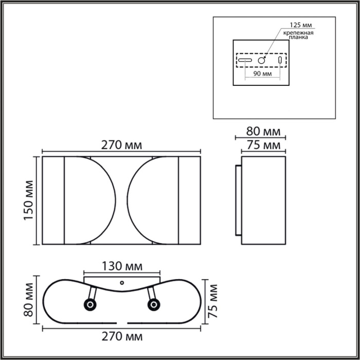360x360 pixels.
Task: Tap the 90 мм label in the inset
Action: click(262, 74)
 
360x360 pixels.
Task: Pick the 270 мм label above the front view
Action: click(121, 146)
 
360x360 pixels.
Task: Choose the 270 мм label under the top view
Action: click(121, 337)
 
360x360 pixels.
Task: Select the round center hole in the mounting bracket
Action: click(262, 61)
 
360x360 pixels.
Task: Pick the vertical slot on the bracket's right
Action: click(280, 61)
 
